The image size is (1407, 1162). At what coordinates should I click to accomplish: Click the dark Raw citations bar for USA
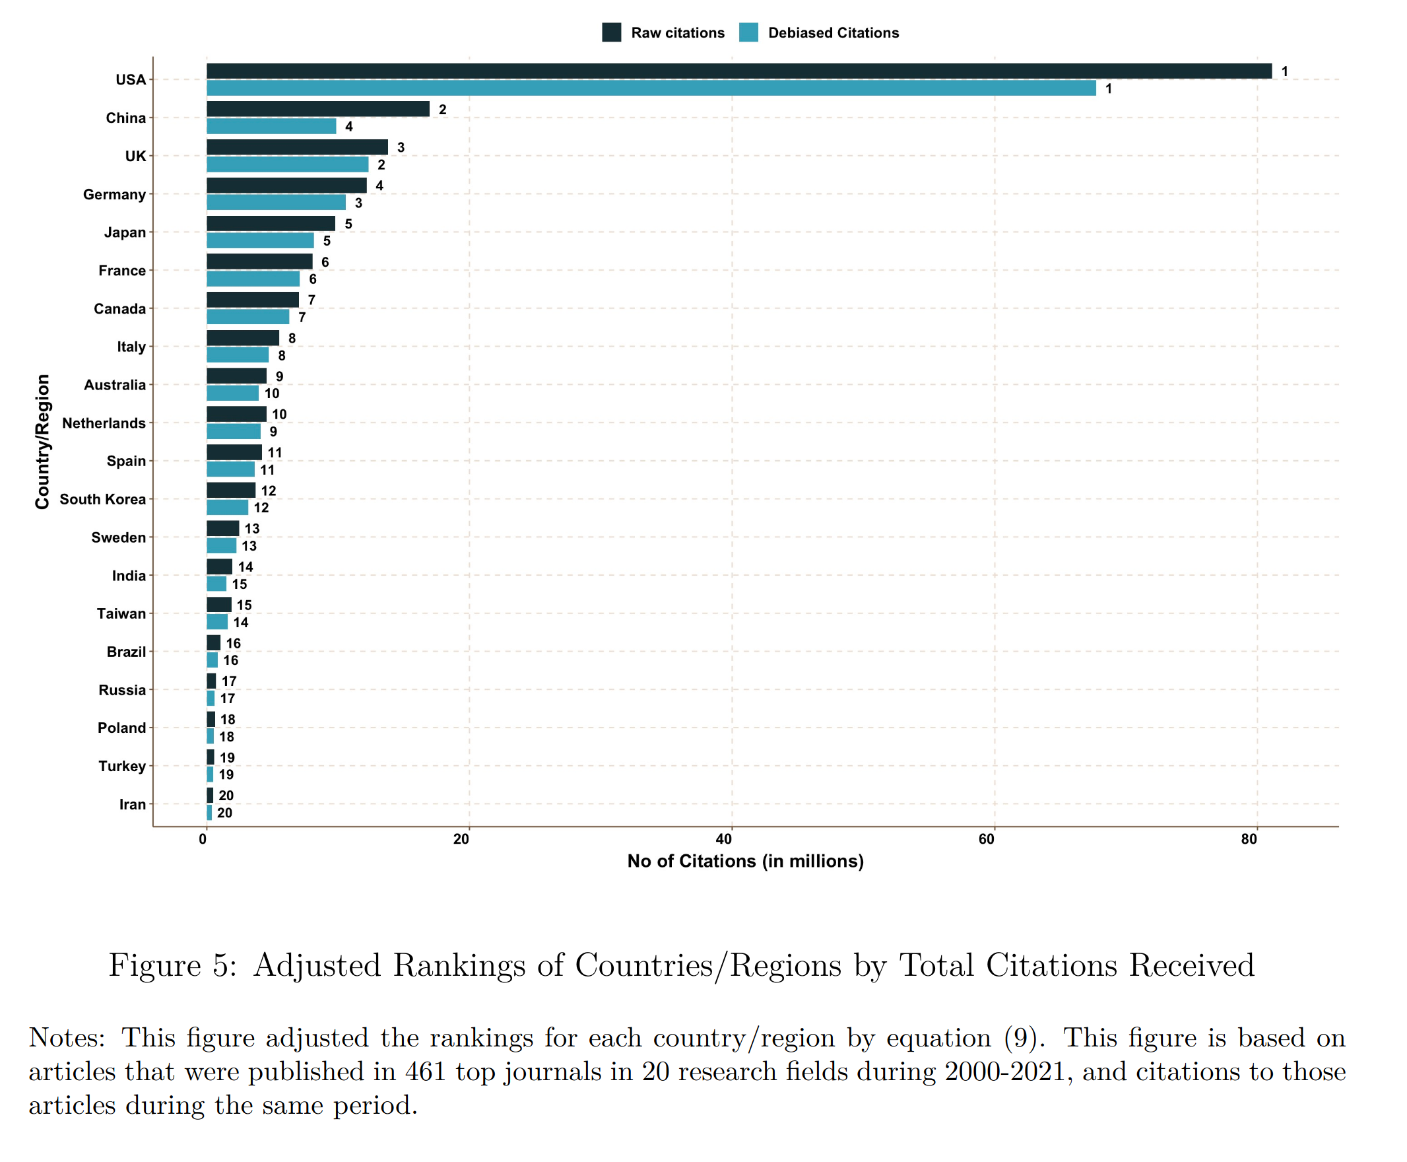pyautogui.click(x=736, y=71)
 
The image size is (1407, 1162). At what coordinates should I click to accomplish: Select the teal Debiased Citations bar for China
pyautogui.click(x=271, y=126)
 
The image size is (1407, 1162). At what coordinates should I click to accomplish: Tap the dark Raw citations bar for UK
pyautogui.click(x=297, y=147)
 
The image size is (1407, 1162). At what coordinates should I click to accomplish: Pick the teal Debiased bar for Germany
pyautogui.click(x=276, y=202)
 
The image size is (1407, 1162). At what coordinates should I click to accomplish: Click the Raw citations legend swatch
pyautogui.click(x=611, y=32)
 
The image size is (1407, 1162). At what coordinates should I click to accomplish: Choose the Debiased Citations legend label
pyautogui.click(x=832, y=33)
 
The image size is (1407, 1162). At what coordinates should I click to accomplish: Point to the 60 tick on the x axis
pyautogui.click(x=985, y=839)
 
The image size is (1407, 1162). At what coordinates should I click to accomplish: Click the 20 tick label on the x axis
pyautogui.click(x=461, y=839)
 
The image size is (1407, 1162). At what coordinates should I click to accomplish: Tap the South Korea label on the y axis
pyautogui.click(x=102, y=499)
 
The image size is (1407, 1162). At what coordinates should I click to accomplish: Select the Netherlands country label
pyautogui.click(x=104, y=423)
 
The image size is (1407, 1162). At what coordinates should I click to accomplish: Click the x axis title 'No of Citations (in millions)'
pyautogui.click(x=744, y=861)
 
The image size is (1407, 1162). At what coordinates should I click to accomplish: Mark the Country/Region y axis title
pyautogui.click(x=42, y=442)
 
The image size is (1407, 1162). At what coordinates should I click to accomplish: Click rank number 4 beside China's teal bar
pyautogui.click(x=348, y=127)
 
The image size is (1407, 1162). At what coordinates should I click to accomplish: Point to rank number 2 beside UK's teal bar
pyautogui.click(x=381, y=164)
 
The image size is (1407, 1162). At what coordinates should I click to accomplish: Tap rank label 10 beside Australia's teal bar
pyautogui.click(x=271, y=393)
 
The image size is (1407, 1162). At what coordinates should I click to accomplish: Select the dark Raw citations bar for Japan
pyautogui.click(x=271, y=223)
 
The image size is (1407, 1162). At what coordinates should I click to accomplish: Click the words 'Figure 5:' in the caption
pyautogui.click(x=172, y=965)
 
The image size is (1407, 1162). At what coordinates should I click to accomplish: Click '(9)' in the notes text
pyautogui.click(x=1023, y=1037)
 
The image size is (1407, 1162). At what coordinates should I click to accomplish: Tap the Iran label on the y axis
pyautogui.click(x=132, y=805)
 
